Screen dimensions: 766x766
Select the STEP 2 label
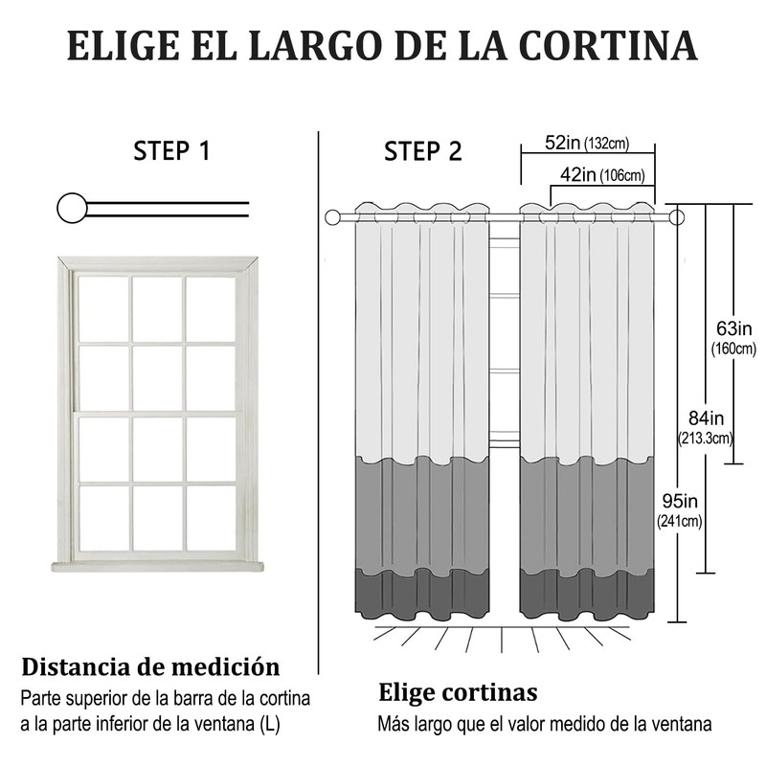(422, 151)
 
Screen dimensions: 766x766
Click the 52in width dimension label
(563, 144)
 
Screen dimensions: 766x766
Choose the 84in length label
(709, 418)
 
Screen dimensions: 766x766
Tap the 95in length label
(680, 501)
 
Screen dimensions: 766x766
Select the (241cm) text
(680, 522)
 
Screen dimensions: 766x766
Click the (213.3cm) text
(708, 439)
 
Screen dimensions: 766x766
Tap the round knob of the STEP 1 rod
(72, 207)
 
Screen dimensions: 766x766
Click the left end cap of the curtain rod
(333, 218)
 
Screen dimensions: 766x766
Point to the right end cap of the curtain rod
(677, 218)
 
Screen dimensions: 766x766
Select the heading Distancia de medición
(151, 666)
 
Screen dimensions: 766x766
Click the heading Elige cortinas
(458, 692)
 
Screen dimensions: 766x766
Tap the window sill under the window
(157, 566)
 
